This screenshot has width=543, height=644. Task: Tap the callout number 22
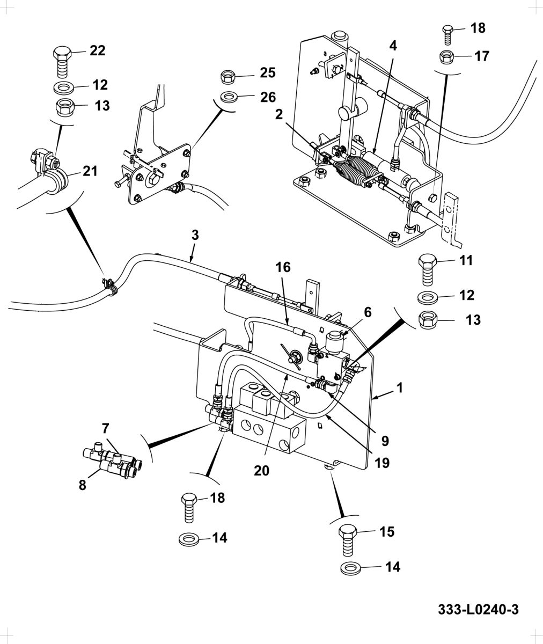98,50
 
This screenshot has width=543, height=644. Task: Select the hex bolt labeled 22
62,62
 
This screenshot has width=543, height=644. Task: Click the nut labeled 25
228,77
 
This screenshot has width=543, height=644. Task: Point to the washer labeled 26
228,97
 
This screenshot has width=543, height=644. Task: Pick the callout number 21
90,171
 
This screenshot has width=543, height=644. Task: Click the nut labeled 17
446,57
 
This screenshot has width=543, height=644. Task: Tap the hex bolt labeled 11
427,270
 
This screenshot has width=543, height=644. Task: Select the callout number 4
393,46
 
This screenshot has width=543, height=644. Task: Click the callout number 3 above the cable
195,236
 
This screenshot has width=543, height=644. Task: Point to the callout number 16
283,267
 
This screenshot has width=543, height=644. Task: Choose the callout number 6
368,312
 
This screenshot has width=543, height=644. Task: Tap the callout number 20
262,471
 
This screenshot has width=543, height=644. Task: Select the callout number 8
82,485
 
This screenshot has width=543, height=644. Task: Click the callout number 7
106,428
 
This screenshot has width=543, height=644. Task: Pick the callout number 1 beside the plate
400,388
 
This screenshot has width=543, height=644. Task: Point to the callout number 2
279,115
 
